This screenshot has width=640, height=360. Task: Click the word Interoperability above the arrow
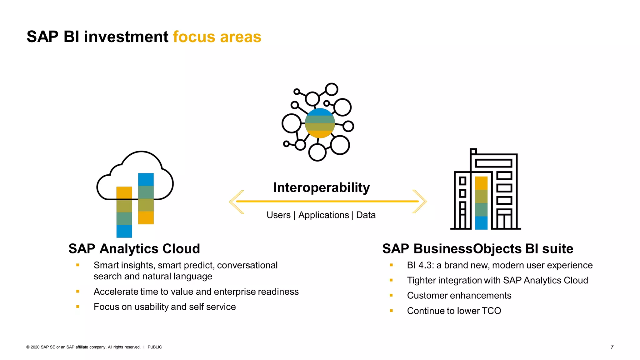321,187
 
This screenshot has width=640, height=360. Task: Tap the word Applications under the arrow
323,215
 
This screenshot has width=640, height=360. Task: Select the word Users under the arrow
278,215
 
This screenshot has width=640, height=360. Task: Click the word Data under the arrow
366,215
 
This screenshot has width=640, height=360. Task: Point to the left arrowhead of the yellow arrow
235,202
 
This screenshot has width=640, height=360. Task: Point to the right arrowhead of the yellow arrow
421,202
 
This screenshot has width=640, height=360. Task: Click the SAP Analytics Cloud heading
134,249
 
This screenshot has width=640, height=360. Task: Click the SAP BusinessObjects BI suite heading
477,249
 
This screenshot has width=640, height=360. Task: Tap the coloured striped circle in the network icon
320,123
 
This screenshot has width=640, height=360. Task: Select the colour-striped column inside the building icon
481,203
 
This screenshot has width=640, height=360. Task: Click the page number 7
612,347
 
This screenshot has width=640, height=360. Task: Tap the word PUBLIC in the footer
155,347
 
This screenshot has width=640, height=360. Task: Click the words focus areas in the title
217,37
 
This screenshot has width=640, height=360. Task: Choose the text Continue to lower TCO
454,311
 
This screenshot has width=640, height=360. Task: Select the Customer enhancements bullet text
459,296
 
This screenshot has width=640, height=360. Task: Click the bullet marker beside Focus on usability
78,307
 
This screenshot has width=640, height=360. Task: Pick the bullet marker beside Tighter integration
391,280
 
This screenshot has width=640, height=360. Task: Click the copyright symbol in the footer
28,347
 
